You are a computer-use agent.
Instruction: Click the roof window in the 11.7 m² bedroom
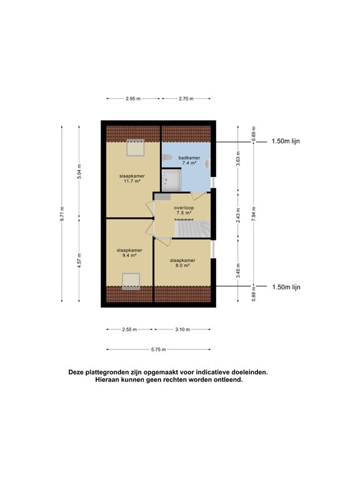pyautogui.click(x=135, y=148)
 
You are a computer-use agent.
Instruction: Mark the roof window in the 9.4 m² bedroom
pyautogui.click(x=131, y=281)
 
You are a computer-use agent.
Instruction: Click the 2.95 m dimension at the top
pyautogui.click(x=132, y=99)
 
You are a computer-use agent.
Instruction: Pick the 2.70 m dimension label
pyautogui.click(x=186, y=99)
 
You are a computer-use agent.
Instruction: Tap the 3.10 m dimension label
pyautogui.click(x=182, y=329)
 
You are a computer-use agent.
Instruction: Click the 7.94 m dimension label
pyautogui.click(x=254, y=214)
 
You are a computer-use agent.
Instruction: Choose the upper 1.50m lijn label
pyautogui.click(x=286, y=141)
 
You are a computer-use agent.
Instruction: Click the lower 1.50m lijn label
pyautogui.click(x=286, y=287)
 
